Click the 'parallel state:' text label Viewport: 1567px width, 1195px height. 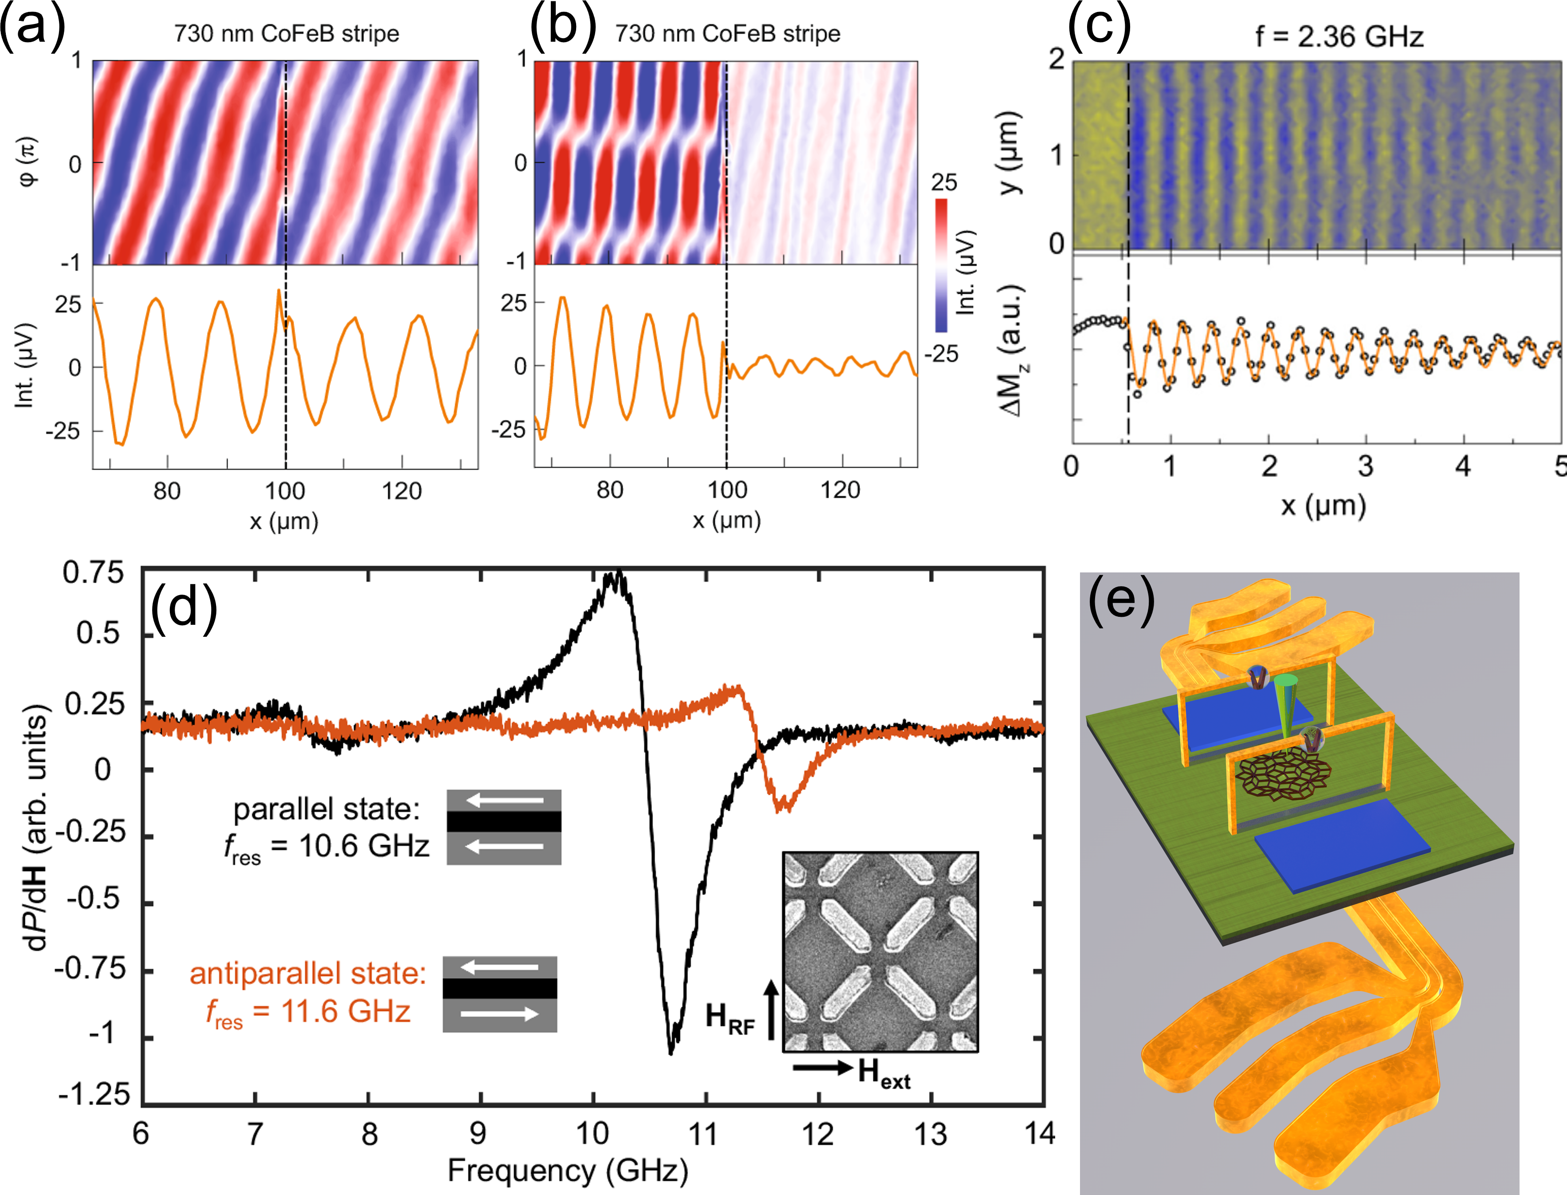point(326,809)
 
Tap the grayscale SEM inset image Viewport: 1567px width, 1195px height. point(880,951)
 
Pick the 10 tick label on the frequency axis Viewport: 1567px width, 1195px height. point(592,1134)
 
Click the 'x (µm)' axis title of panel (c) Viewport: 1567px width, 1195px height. point(1323,506)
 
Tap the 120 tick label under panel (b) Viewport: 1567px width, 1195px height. point(840,490)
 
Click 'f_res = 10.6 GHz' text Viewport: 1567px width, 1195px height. point(327,847)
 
